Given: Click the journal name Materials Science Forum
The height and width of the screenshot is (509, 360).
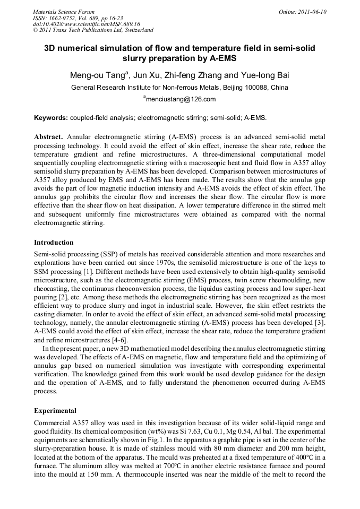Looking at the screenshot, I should [64, 12].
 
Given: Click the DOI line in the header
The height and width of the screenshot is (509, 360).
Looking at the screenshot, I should [87, 24].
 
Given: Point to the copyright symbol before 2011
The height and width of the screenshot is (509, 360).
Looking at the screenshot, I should [35, 30].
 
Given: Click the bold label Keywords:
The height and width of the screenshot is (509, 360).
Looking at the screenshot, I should [51, 117].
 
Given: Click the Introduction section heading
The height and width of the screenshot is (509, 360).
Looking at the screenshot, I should [54, 242].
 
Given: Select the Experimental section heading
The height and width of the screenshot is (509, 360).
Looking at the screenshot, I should [55, 411].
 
